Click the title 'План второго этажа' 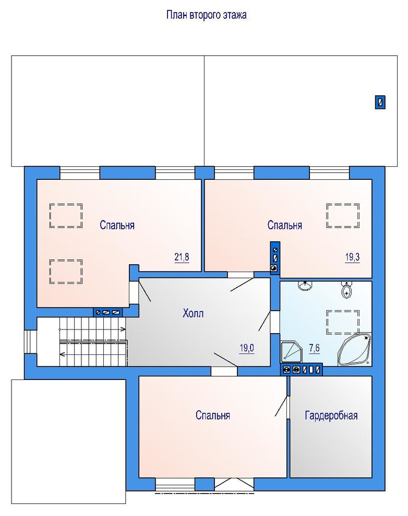tap(207, 15)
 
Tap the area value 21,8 tap(182, 256)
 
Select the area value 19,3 tap(352, 257)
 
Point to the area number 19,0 tap(247, 348)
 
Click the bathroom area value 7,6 tap(314, 348)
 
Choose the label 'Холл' tap(193, 313)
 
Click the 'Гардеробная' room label tap(331, 415)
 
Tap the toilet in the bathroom tap(346, 290)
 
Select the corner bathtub tap(354, 350)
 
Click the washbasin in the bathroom tap(305, 286)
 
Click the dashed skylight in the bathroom tap(343, 322)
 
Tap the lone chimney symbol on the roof tap(380, 102)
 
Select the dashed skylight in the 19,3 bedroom tap(343, 216)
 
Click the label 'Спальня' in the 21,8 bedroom tap(117, 225)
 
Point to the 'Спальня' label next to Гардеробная tap(213, 415)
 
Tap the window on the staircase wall tap(30, 342)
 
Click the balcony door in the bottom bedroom tap(234, 485)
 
